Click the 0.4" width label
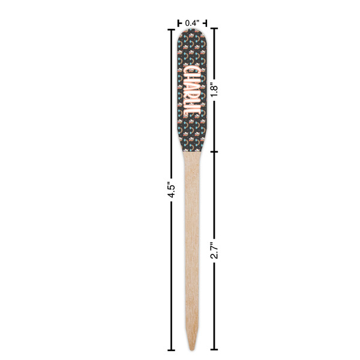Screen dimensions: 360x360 192,23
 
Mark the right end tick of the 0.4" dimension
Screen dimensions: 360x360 206,23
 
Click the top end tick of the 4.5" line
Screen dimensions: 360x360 170,28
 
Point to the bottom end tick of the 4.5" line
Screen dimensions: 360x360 170,349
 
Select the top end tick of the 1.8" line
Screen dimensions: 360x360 214,28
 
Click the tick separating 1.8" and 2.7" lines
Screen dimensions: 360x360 214,151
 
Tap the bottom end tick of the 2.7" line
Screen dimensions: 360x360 214,349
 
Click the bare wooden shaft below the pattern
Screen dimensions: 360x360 192,240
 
